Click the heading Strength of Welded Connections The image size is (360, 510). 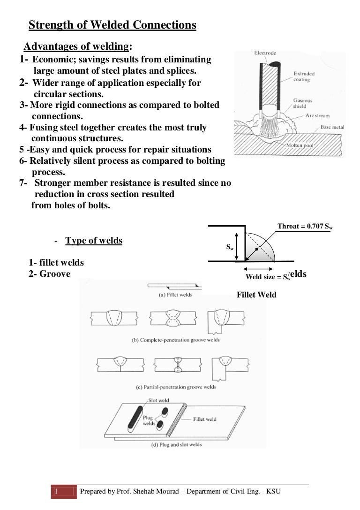click(112, 25)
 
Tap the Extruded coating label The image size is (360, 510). click(304, 76)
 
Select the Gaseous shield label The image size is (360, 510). click(303, 103)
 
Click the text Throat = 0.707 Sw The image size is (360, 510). click(305, 227)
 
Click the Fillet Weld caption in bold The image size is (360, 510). click(256, 295)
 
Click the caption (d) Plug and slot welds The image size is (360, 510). click(176, 444)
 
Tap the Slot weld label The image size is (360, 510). click(158, 401)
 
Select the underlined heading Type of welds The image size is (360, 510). click(94, 241)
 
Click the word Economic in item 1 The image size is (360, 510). click(50, 60)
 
